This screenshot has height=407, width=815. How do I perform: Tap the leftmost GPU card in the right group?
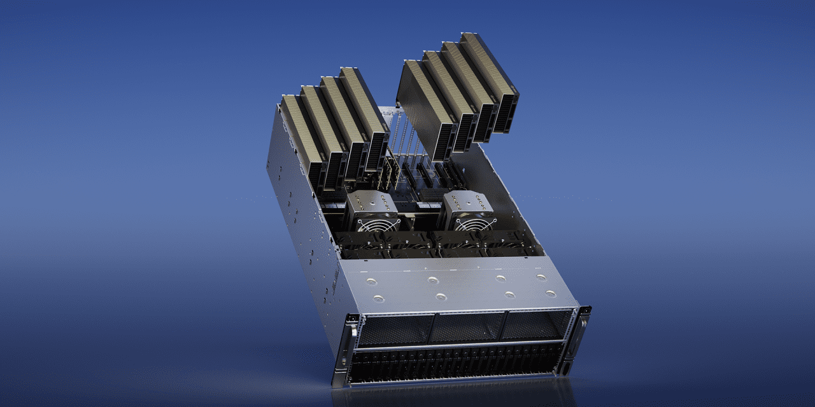click(x=423, y=105)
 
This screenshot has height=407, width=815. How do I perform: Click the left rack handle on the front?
click(x=344, y=353)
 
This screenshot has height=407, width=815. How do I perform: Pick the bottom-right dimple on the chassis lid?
click(x=551, y=293)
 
